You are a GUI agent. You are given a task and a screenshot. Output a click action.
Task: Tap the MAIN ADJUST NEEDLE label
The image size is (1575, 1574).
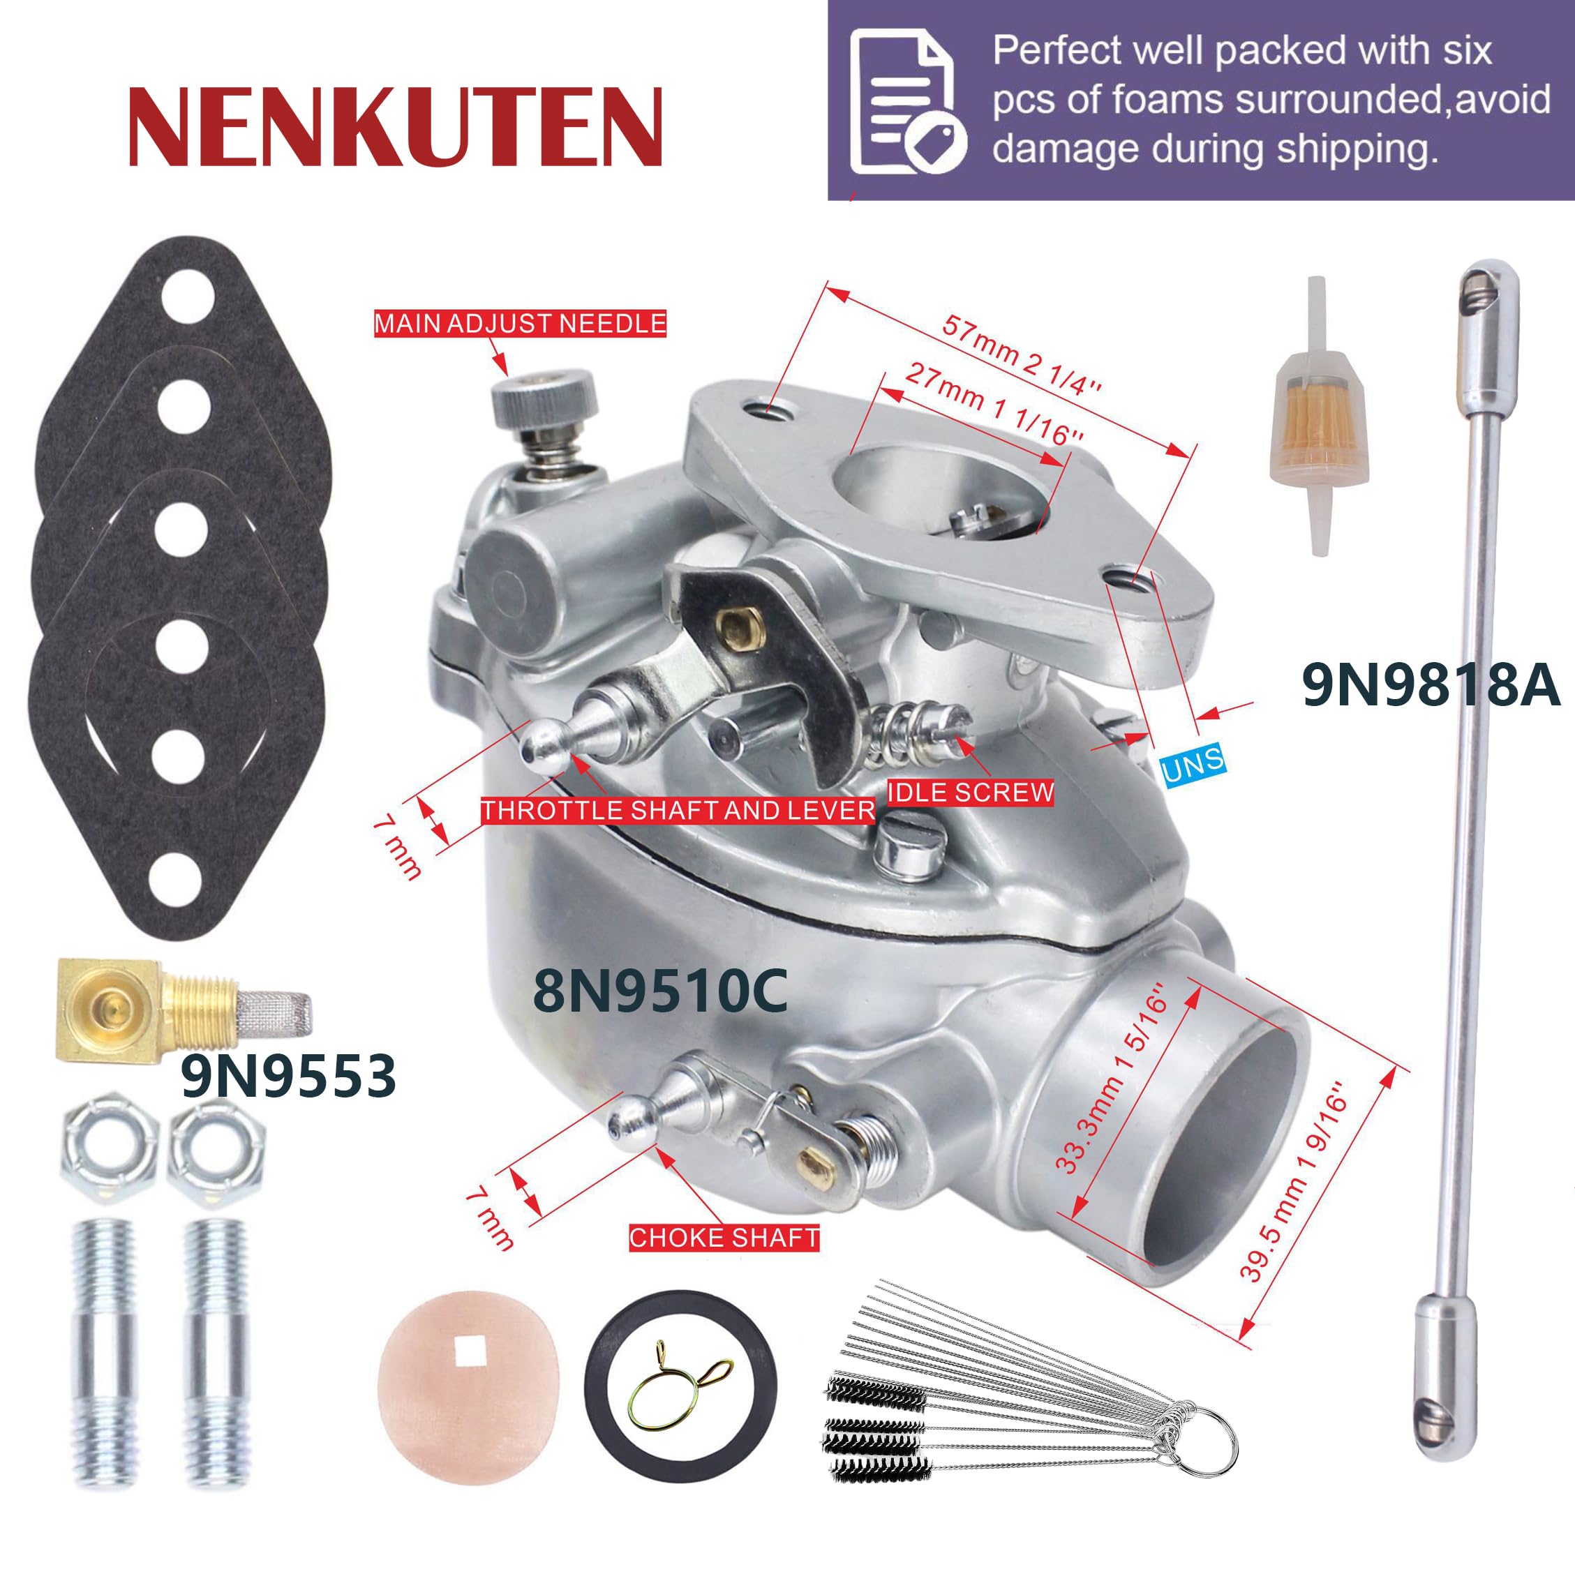coord(520,324)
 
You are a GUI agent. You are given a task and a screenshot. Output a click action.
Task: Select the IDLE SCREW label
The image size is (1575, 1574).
coord(970,793)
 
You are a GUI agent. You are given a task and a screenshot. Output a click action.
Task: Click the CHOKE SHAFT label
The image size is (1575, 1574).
coord(724,1238)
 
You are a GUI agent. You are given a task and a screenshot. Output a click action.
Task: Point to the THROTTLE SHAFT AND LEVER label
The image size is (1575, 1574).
coord(678,810)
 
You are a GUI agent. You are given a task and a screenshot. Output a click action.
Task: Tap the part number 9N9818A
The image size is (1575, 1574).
coord(1431,684)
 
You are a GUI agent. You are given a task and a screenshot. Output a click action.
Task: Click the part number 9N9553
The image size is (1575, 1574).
coord(289,1076)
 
